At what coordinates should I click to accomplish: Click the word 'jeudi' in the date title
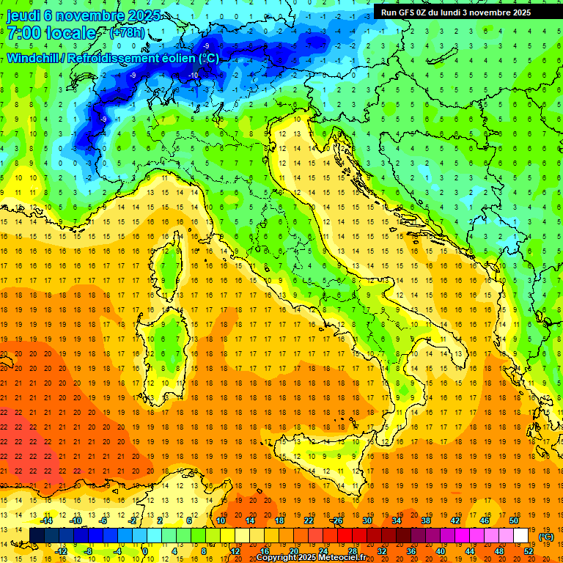click(23, 15)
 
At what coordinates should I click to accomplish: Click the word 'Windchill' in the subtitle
click(34, 58)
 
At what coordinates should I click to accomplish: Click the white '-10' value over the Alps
click(194, 76)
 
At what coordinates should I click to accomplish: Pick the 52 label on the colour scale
click(528, 551)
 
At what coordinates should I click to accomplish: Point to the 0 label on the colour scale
click(145, 551)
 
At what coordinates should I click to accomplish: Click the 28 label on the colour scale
click(352, 551)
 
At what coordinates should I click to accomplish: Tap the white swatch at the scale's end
click(521, 536)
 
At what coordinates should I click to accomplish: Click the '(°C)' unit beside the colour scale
click(546, 537)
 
